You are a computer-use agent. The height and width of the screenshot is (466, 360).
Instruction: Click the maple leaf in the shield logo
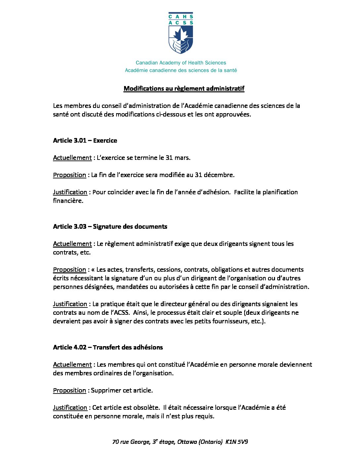[181, 34]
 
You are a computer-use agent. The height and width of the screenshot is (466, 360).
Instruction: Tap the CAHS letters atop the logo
[181, 16]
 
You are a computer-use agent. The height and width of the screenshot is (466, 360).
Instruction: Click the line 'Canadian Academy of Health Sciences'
[181, 63]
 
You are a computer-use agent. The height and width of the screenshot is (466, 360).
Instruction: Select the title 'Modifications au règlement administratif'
[184, 88]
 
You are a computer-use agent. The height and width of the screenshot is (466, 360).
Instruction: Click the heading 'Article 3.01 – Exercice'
[85, 140]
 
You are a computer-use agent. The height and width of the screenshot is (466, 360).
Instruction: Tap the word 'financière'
[67, 201]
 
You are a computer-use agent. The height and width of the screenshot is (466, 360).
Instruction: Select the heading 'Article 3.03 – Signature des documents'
[110, 226]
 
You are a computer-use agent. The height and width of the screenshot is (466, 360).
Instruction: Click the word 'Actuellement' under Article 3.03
[72, 244]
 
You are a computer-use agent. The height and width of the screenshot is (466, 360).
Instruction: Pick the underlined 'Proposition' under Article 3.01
[69, 175]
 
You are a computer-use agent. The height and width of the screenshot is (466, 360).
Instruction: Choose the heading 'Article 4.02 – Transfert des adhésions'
[108, 347]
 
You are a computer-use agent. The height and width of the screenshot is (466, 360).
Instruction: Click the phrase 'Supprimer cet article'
[121, 390]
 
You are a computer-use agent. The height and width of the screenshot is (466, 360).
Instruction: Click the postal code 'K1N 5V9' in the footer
[237, 442]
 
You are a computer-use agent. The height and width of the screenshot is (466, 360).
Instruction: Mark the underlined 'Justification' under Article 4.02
[70, 407]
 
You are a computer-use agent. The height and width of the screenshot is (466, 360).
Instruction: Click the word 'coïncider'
[120, 192]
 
